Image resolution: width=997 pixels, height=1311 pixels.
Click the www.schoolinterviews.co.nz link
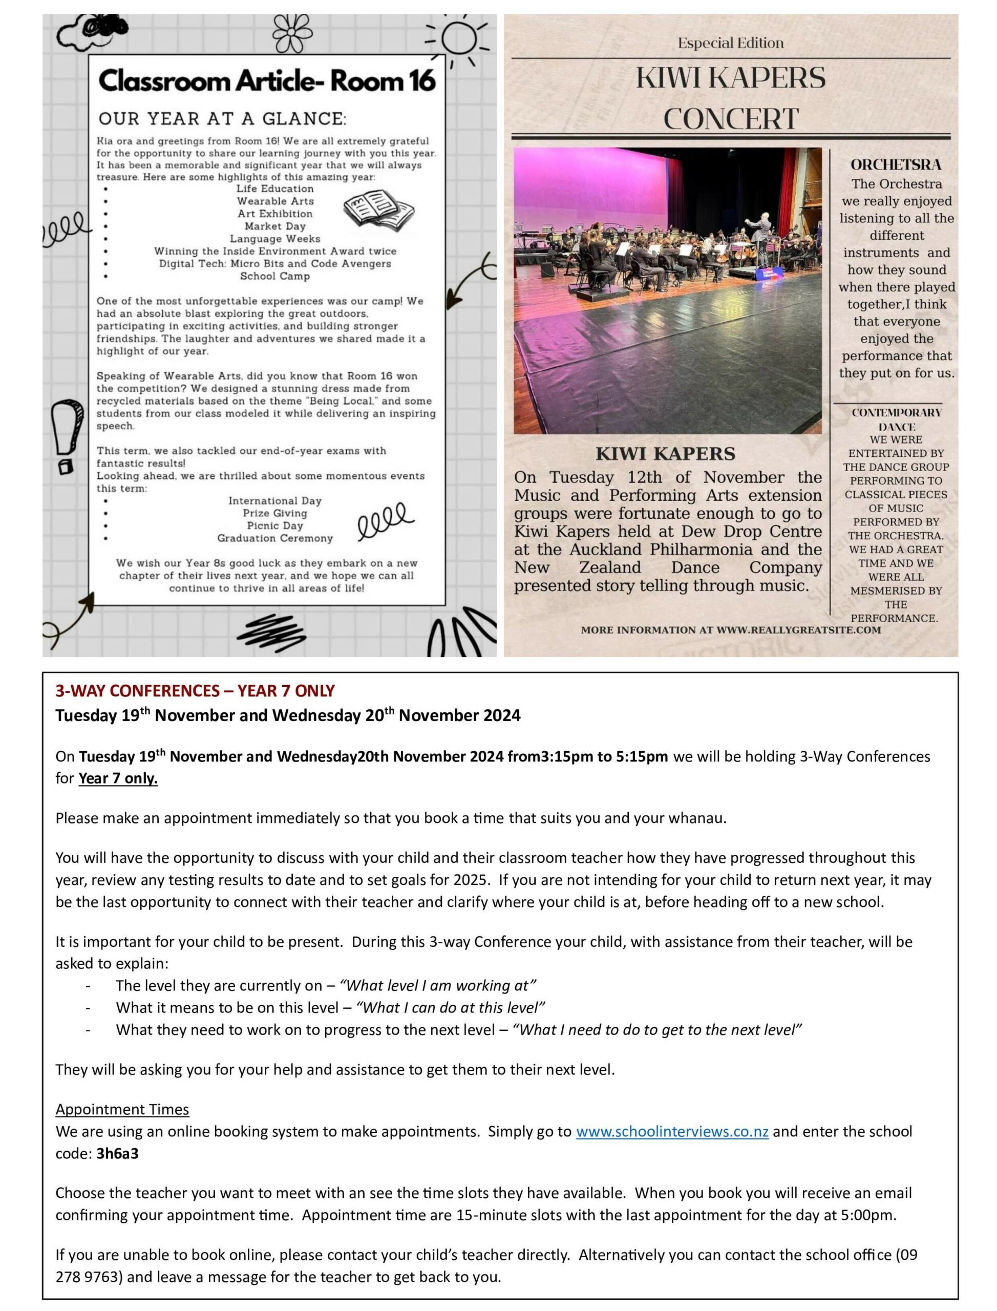click(672, 1132)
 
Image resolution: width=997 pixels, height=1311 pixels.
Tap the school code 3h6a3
click(117, 1154)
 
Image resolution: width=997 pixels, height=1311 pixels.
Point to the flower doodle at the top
click(292, 33)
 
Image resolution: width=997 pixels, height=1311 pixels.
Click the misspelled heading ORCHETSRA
click(896, 164)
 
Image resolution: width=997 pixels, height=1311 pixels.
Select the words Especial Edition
click(731, 43)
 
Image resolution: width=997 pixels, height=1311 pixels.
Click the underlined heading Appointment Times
click(122, 1109)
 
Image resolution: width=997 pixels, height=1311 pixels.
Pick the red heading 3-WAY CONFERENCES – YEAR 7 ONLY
click(195, 691)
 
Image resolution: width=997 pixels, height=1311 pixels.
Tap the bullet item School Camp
click(275, 276)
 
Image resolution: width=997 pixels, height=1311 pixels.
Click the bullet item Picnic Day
click(275, 526)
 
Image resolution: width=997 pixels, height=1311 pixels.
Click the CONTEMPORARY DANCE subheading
click(896, 419)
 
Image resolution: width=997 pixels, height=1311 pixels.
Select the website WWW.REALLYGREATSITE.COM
click(798, 630)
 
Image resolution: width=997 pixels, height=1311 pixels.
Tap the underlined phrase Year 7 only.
click(118, 778)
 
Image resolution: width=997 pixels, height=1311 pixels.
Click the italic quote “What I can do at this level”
click(451, 1008)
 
